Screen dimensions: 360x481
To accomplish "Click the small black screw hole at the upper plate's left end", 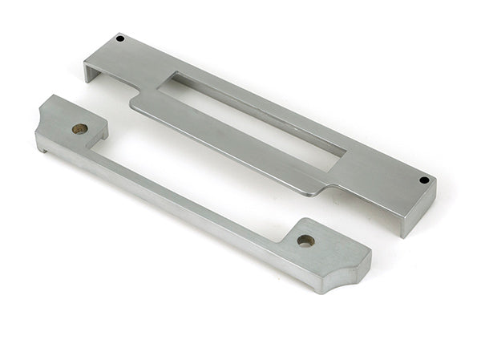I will [120, 38].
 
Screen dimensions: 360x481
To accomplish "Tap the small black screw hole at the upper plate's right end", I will [423, 180].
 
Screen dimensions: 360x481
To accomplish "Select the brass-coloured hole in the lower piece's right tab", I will [305, 240].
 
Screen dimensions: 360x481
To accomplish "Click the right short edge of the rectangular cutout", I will [341, 156].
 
